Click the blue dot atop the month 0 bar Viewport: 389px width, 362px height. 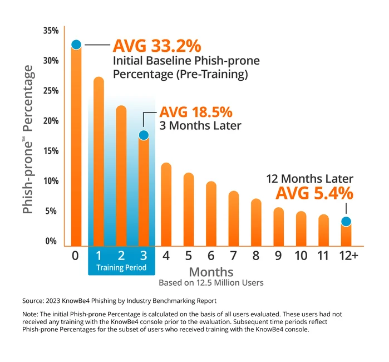click(x=76, y=45)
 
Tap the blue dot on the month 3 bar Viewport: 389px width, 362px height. click(x=144, y=135)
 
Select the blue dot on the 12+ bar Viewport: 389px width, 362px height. click(x=346, y=222)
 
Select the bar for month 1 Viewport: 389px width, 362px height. click(x=99, y=162)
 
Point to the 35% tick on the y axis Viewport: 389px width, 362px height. click(x=51, y=30)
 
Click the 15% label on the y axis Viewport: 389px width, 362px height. click(x=51, y=151)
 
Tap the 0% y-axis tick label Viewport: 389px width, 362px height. click(x=52, y=241)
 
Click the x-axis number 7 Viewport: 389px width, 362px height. click(x=234, y=256)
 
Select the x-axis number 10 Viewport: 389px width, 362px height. click(x=301, y=256)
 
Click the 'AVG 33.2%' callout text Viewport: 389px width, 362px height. click(x=157, y=45)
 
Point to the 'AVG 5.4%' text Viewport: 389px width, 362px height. click(x=314, y=193)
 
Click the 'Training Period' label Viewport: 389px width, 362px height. click(x=121, y=268)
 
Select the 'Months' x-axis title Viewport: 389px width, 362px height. click(x=211, y=272)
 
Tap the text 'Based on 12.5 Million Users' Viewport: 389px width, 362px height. click(x=211, y=282)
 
